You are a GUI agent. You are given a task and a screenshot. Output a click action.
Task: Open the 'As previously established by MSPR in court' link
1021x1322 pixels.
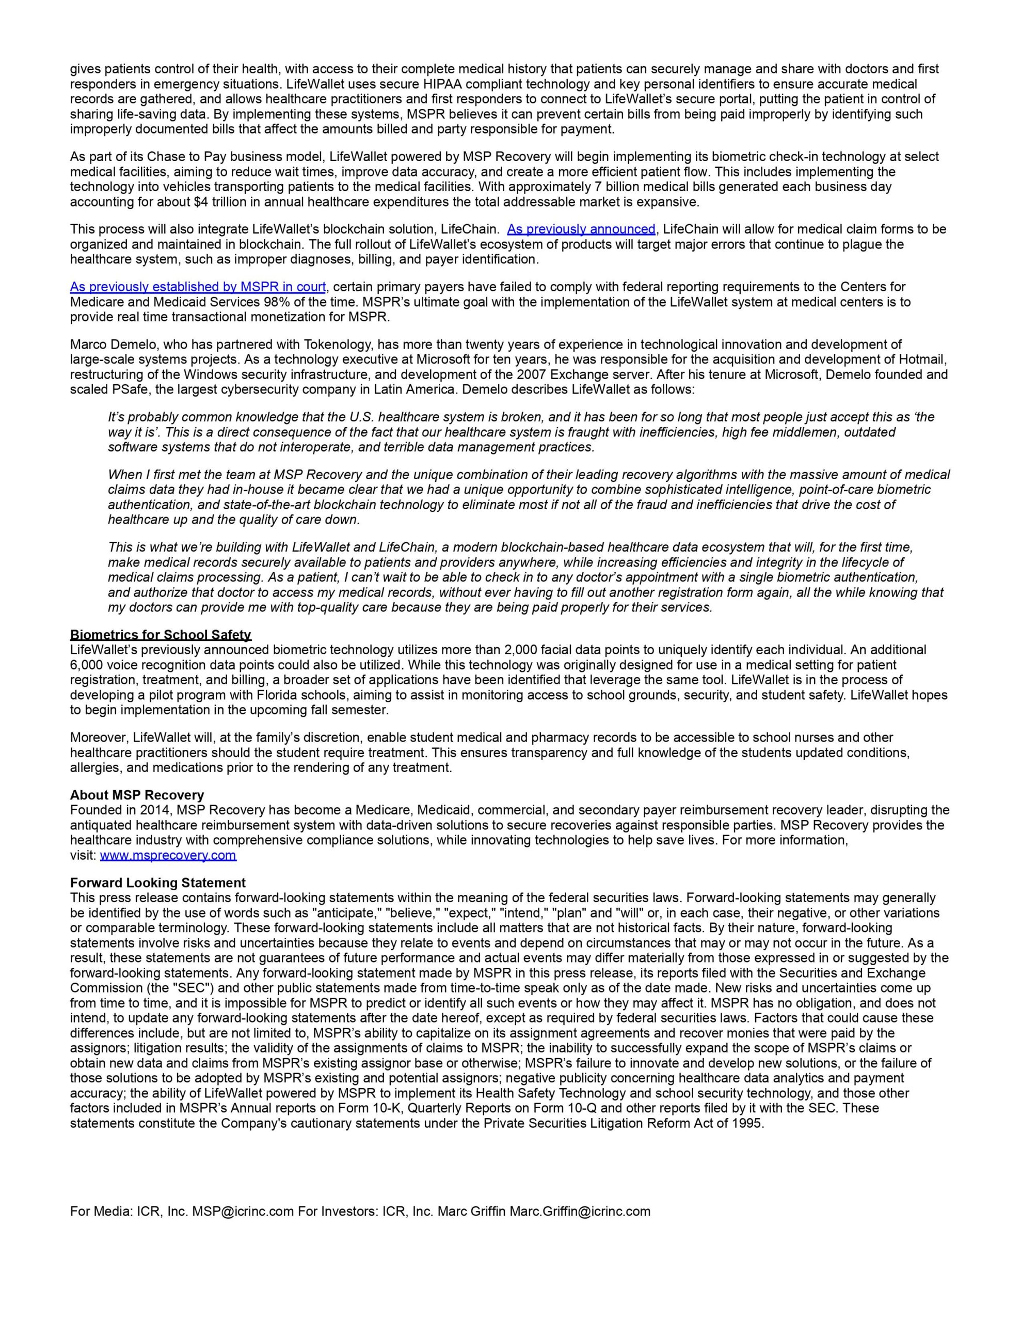tap(198, 287)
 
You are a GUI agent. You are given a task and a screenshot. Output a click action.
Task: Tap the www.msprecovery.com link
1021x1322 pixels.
tap(168, 855)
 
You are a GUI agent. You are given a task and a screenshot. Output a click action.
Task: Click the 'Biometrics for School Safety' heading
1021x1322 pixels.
tap(161, 635)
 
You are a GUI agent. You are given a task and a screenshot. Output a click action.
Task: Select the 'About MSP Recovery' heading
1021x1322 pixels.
tap(137, 795)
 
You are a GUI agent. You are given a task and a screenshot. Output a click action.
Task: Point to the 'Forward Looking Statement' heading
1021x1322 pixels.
tap(157, 883)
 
